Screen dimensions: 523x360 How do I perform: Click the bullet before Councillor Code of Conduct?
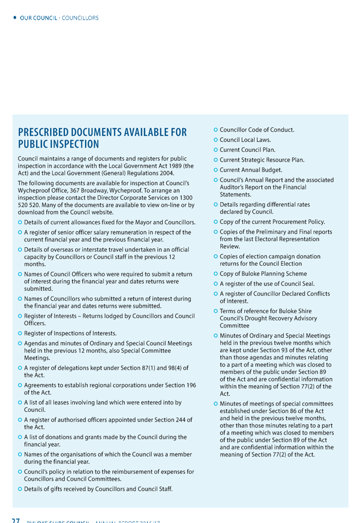215,130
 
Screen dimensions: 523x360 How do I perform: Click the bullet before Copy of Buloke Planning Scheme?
215,274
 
